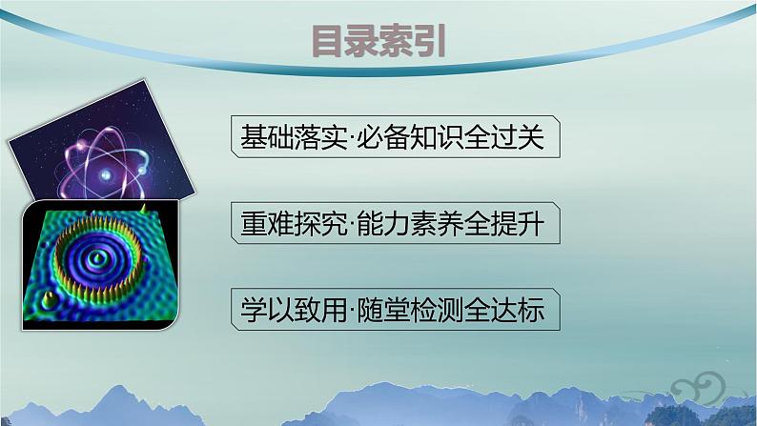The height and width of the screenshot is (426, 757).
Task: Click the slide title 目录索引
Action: [x=378, y=42]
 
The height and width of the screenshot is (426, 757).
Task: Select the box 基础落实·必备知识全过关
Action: [x=394, y=139]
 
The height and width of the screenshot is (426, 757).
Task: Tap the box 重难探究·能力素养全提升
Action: [x=394, y=225]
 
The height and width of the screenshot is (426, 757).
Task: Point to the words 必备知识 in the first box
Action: [x=405, y=139]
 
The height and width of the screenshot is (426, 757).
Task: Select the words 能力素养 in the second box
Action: [x=405, y=225]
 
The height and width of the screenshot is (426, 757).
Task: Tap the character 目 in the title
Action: [x=328, y=42]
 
